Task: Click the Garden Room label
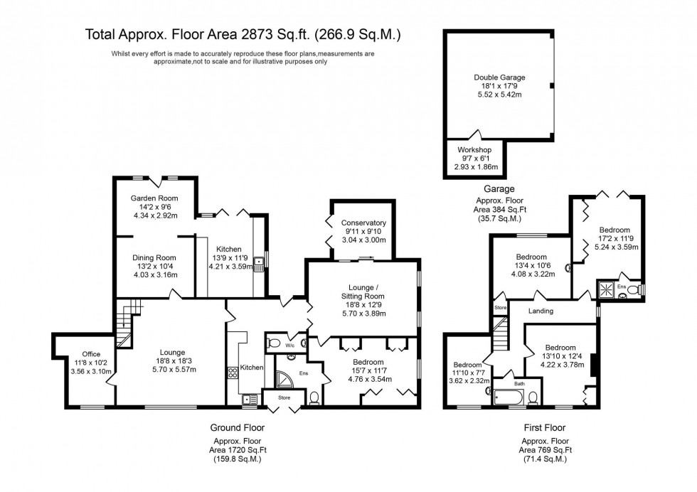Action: click(x=154, y=198)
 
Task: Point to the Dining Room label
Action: click(x=154, y=258)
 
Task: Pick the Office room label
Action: click(x=90, y=353)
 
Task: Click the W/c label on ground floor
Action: click(x=289, y=346)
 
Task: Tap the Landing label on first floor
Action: click(x=541, y=311)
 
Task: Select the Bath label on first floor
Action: click(x=519, y=384)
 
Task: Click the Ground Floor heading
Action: click(x=233, y=428)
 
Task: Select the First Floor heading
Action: click(x=543, y=428)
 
